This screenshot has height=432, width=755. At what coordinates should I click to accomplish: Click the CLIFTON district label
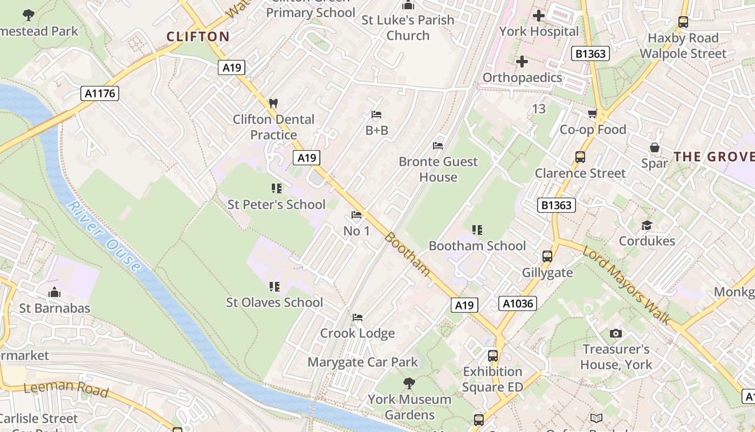[x=198, y=37]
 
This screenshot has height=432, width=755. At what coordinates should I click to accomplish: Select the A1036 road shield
[x=518, y=303]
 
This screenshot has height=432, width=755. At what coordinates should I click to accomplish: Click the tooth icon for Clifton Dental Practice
[x=273, y=103]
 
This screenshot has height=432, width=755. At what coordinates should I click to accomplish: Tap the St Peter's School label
[x=276, y=205]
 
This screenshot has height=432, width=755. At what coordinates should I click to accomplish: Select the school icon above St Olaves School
[x=275, y=286]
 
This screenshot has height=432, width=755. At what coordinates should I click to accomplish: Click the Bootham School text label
[x=477, y=246]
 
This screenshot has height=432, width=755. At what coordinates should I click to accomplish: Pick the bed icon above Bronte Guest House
[x=438, y=146]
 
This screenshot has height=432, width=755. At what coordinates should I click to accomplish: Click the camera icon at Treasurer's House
[x=615, y=334]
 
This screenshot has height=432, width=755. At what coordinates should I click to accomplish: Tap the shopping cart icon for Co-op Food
[x=593, y=113]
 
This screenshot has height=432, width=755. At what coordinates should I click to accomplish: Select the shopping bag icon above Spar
[x=655, y=147]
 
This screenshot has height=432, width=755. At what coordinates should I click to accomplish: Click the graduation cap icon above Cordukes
[x=647, y=225]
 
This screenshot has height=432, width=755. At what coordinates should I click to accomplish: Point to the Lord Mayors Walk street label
[x=627, y=287]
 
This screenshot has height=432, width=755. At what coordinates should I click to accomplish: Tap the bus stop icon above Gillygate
[x=547, y=256]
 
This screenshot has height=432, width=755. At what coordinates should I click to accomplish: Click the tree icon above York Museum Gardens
[x=409, y=383]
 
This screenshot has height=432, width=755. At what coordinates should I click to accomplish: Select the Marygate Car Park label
[x=362, y=362]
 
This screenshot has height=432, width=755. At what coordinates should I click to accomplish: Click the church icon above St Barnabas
[x=54, y=293]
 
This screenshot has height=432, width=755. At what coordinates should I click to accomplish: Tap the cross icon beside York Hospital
[x=538, y=16]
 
